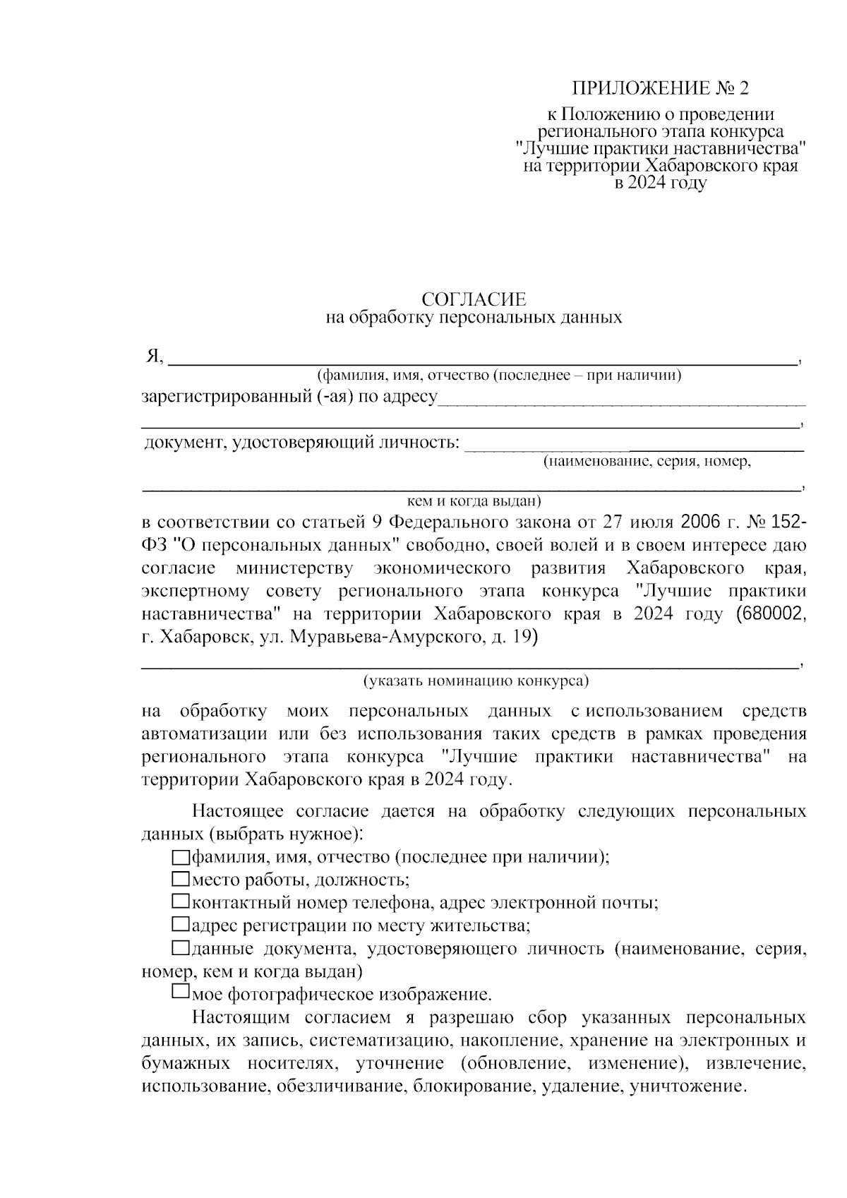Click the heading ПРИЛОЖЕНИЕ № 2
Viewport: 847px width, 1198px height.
659,88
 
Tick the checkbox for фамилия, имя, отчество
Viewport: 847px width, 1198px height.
181,858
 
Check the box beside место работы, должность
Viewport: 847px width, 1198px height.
181,880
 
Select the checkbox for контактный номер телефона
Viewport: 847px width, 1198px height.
181,902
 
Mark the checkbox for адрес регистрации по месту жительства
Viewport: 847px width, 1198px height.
181,924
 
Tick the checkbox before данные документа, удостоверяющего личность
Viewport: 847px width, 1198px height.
181,947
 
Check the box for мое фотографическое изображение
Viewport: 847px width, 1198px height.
181,993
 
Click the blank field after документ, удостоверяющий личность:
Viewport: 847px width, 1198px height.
635,445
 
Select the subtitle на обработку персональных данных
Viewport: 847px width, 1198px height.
474,318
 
